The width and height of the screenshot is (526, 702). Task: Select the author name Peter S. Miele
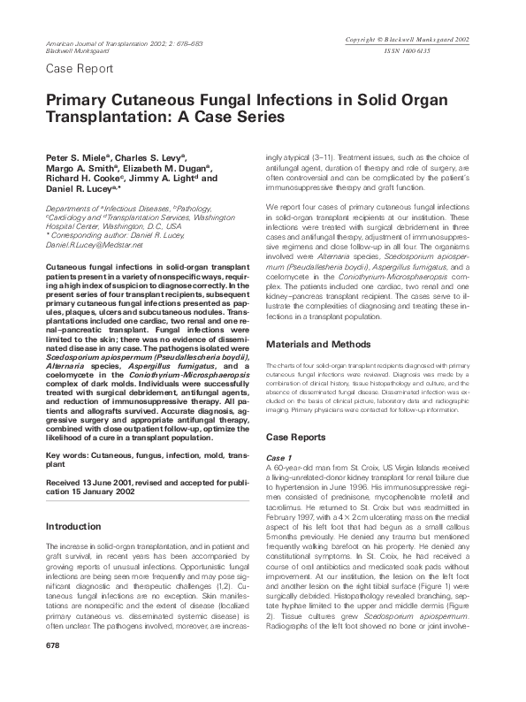72,156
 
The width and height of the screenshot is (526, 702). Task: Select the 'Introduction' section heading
72,525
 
